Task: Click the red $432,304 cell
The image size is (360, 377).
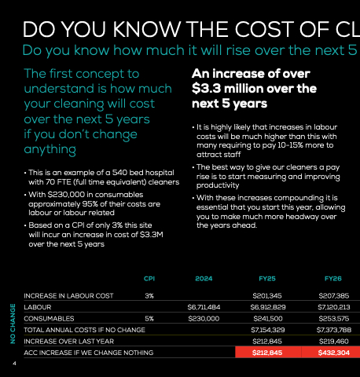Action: coord(331,353)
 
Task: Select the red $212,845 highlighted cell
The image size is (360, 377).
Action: coord(268,353)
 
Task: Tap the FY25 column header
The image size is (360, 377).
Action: coord(267,279)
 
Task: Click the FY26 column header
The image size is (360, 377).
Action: coord(333,279)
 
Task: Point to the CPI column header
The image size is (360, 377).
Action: coord(149,279)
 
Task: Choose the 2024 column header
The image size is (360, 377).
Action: coord(204,279)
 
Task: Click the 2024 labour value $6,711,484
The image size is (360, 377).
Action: coord(204,307)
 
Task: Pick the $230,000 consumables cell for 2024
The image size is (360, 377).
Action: coord(204,319)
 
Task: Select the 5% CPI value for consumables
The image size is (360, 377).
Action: coord(149,319)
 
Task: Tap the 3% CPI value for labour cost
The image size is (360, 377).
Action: coord(149,296)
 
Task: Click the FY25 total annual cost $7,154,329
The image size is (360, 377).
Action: coord(268,330)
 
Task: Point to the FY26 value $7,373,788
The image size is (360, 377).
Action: coord(334,330)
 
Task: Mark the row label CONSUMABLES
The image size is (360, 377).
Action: coord(49,319)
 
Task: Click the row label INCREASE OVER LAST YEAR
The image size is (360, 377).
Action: coord(69,342)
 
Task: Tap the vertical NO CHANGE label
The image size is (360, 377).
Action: coord(13,324)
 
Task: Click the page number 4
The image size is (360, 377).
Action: coord(14,364)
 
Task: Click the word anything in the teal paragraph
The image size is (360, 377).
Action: coord(50,149)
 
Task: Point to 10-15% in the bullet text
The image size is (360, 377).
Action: coord(289,145)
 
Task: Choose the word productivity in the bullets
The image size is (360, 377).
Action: coord(218,185)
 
